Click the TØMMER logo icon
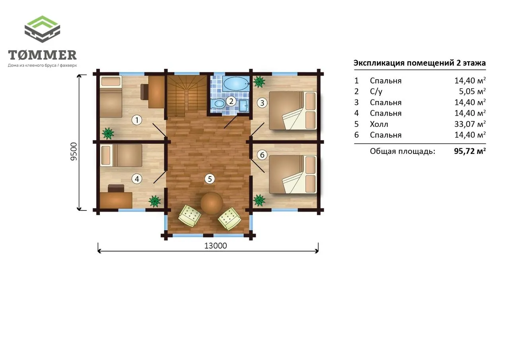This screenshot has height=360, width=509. pyautogui.click(x=42, y=29)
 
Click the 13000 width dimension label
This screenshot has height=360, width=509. pyautogui.click(x=216, y=246)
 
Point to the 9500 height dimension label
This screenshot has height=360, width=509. pyautogui.click(x=74, y=152)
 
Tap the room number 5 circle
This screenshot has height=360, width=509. pyautogui.click(x=210, y=179)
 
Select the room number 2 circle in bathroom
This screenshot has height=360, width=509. pyautogui.click(x=231, y=101)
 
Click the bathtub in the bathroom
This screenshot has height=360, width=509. pyautogui.click(x=236, y=84)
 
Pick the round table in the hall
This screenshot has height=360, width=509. pyautogui.click(x=212, y=203)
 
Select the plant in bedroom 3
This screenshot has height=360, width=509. pyautogui.click(x=259, y=82)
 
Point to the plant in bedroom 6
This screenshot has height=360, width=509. pyautogui.click(x=259, y=200)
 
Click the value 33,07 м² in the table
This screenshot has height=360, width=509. pyautogui.click(x=470, y=124)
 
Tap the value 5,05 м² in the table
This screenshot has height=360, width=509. pyautogui.click(x=472, y=91)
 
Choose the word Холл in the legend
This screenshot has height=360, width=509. pyautogui.click(x=379, y=124)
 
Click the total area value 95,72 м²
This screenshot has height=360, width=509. pyautogui.click(x=470, y=151)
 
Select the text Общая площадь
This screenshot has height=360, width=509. pyautogui.click(x=402, y=152)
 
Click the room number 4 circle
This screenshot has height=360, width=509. pyautogui.click(x=137, y=179)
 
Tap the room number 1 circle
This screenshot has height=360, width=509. pyautogui.click(x=137, y=120)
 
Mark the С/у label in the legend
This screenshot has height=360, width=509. pyautogui.click(x=376, y=91)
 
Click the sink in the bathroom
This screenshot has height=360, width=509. pyautogui.click(x=244, y=106)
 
